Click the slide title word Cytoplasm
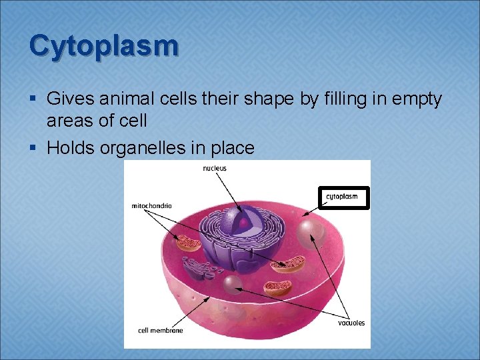(104, 45)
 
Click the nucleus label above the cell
(215, 168)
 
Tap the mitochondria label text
(151, 206)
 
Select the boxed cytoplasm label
(343, 197)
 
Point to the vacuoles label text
(351, 323)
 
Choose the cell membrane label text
(160, 330)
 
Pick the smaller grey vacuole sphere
(232, 285)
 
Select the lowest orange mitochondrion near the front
(277, 288)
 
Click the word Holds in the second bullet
(70, 147)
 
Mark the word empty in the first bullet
(413, 99)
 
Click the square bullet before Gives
(34, 100)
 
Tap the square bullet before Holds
(34, 148)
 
